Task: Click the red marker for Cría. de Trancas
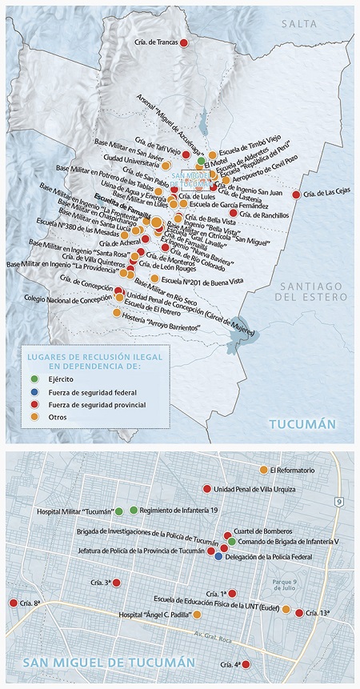183,42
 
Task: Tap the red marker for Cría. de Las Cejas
297,194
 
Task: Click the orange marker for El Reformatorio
264,470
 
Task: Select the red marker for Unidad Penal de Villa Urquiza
206,488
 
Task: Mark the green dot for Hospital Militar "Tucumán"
119,511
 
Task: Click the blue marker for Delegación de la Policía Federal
218,557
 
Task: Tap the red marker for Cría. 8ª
13,603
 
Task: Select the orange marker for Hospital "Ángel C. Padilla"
197,615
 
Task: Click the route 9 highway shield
338,502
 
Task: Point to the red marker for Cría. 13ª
299,613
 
